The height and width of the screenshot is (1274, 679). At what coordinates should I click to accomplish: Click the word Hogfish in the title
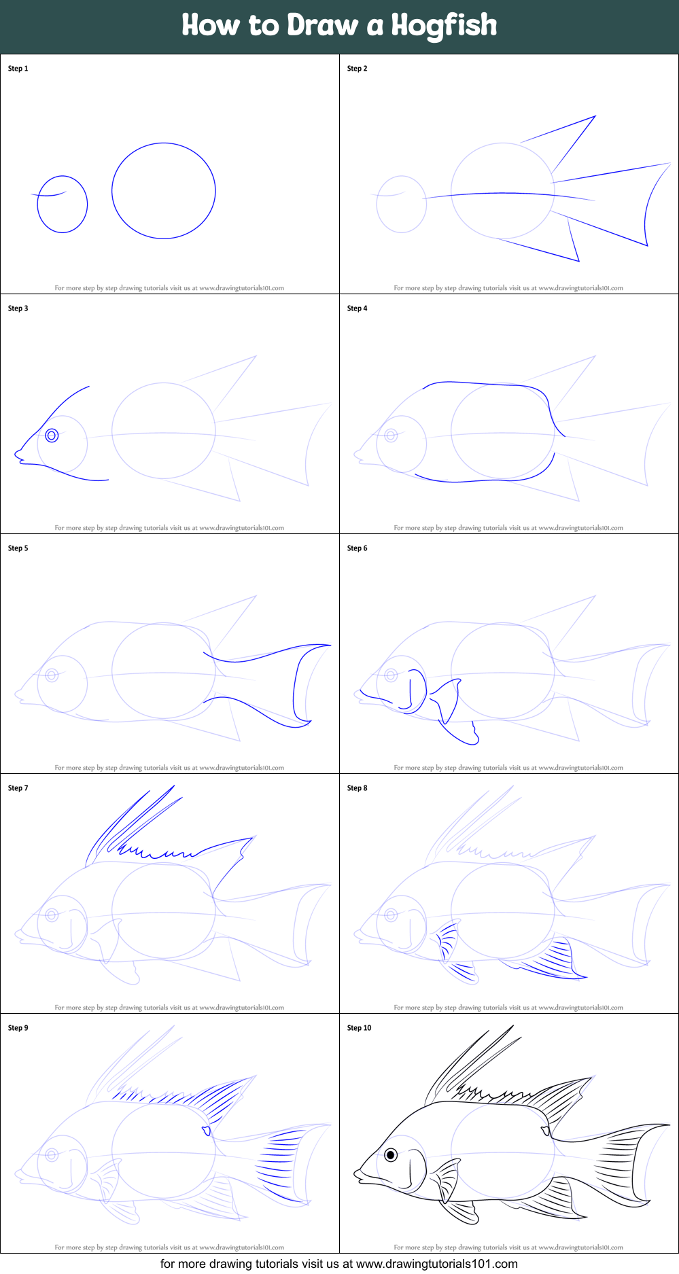click(x=444, y=26)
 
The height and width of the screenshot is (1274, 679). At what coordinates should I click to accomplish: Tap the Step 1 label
click(x=18, y=69)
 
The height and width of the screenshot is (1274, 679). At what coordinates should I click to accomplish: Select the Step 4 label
click(x=357, y=308)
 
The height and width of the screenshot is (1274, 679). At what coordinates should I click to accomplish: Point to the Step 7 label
click(x=18, y=788)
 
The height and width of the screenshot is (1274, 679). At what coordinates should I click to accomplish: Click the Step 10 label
click(x=359, y=1028)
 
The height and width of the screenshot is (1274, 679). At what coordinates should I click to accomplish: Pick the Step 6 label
click(x=357, y=548)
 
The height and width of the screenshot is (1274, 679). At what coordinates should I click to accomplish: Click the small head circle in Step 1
click(x=62, y=232)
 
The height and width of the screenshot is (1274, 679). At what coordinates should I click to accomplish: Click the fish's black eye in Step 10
click(x=391, y=1154)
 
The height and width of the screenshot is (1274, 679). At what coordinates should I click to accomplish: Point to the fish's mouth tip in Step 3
click(x=16, y=453)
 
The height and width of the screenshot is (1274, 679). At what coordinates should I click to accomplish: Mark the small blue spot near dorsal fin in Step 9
click(x=206, y=1131)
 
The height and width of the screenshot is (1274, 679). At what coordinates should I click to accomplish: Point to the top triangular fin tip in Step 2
click(x=595, y=116)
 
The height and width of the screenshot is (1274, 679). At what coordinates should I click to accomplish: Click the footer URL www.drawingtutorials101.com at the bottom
click(x=437, y=1264)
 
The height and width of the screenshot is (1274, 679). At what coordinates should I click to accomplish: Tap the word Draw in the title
click(x=322, y=25)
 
